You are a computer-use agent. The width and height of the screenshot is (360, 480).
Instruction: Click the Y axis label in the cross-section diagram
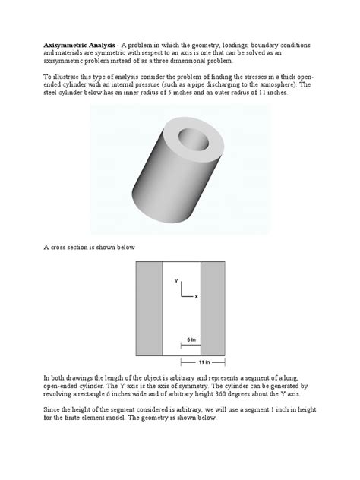click(x=175, y=281)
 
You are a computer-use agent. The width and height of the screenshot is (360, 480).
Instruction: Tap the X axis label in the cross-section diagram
click(x=196, y=296)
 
